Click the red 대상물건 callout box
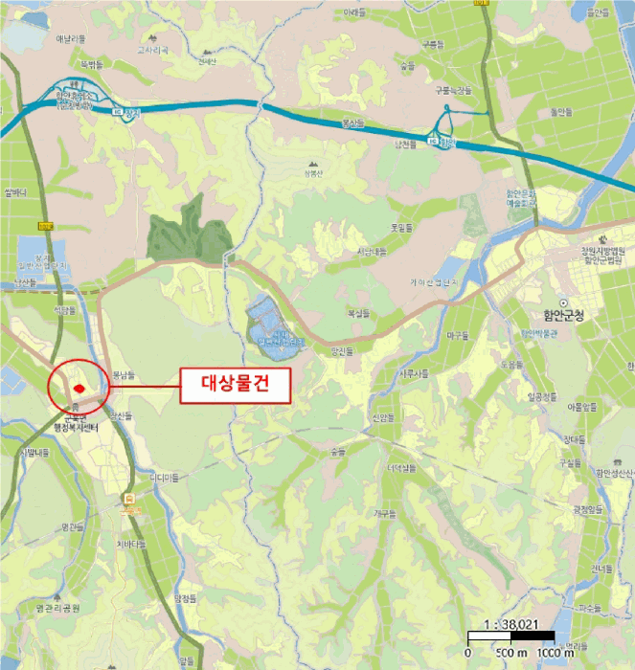coord(234,386)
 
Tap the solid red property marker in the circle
coord(79,388)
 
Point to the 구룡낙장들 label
coord(455,90)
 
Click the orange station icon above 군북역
coord(129,499)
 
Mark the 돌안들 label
coord(557,111)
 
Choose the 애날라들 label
coord(71,38)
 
